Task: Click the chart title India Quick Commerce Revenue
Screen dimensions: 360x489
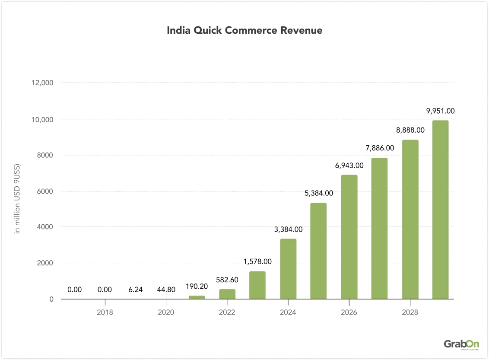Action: [244, 31]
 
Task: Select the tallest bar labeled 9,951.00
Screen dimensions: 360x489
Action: [440, 210]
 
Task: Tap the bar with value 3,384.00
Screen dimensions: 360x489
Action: [288, 269]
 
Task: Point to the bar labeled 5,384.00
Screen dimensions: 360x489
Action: [318, 251]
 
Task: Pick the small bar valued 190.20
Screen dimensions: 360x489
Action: [197, 297]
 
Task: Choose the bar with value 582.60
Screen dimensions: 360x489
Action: [227, 294]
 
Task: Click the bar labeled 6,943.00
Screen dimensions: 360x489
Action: [349, 237]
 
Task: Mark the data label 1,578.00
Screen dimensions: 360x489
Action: [257, 261]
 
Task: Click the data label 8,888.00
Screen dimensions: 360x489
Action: [410, 130]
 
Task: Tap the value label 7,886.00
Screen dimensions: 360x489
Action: [380, 148]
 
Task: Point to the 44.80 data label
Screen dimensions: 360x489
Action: [166, 290]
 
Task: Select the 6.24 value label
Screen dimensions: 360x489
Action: [136, 290]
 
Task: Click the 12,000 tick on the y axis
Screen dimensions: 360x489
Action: [42, 83]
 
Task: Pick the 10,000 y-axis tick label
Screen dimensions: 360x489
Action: [42, 119]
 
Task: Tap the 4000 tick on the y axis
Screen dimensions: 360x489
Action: [44, 227]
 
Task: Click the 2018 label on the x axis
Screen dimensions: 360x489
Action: [105, 312]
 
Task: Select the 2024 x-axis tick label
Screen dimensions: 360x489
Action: [288, 312]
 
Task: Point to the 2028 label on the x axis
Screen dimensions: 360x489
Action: [410, 312]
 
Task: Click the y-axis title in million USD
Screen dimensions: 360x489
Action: [18, 198]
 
